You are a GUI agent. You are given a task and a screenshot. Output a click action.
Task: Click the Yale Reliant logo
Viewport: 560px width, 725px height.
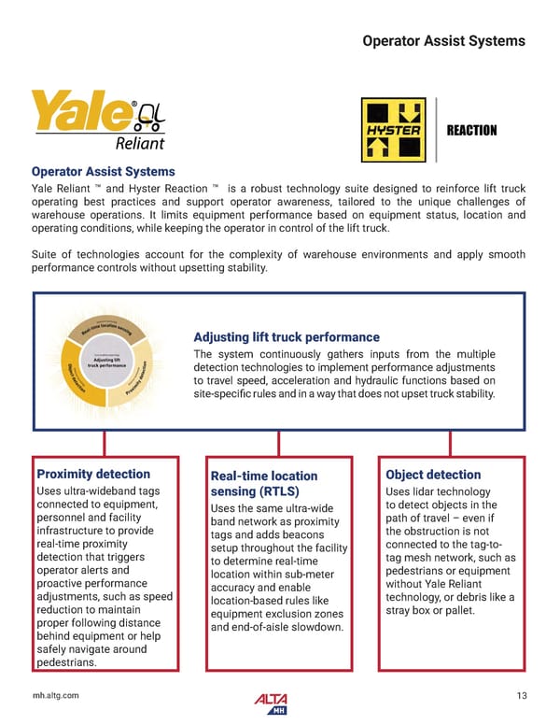pyautogui.click(x=98, y=120)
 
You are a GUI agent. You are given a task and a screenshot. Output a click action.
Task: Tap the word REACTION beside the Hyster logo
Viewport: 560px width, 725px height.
pyautogui.click(x=471, y=130)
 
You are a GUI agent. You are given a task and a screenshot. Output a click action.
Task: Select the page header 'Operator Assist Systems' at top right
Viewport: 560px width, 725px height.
pyautogui.click(x=442, y=40)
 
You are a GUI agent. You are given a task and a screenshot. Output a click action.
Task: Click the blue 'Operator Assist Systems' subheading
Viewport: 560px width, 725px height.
pyautogui.click(x=103, y=172)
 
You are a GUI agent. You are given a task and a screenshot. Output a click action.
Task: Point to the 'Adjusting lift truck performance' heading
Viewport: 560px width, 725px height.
pyautogui.click(x=286, y=336)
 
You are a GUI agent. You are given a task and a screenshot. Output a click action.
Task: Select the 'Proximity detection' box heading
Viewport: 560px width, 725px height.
pyautogui.click(x=92, y=475)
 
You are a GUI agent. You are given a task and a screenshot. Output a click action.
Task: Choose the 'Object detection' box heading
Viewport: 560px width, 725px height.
pyautogui.click(x=433, y=475)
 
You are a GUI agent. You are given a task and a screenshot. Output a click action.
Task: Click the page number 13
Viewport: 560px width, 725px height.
pyautogui.click(x=521, y=693)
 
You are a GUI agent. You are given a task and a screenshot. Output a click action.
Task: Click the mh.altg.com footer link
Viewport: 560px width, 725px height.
pyautogui.click(x=56, y=693)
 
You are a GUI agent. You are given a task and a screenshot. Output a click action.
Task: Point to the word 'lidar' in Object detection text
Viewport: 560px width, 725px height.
pyautogui.click(x=436, y=491)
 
